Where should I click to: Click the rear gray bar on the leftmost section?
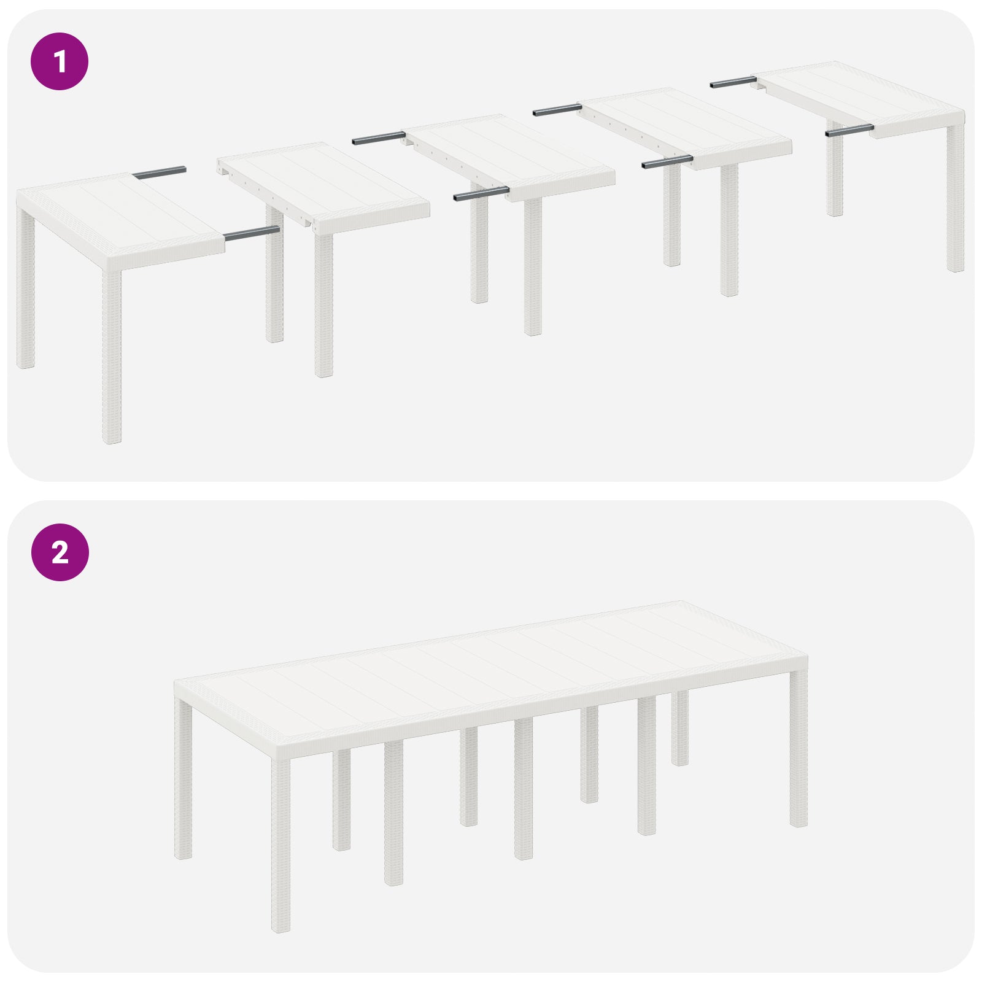pos(159,174)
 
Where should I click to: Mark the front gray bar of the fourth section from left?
pos(667,163)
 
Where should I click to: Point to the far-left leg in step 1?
pos(25,288)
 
